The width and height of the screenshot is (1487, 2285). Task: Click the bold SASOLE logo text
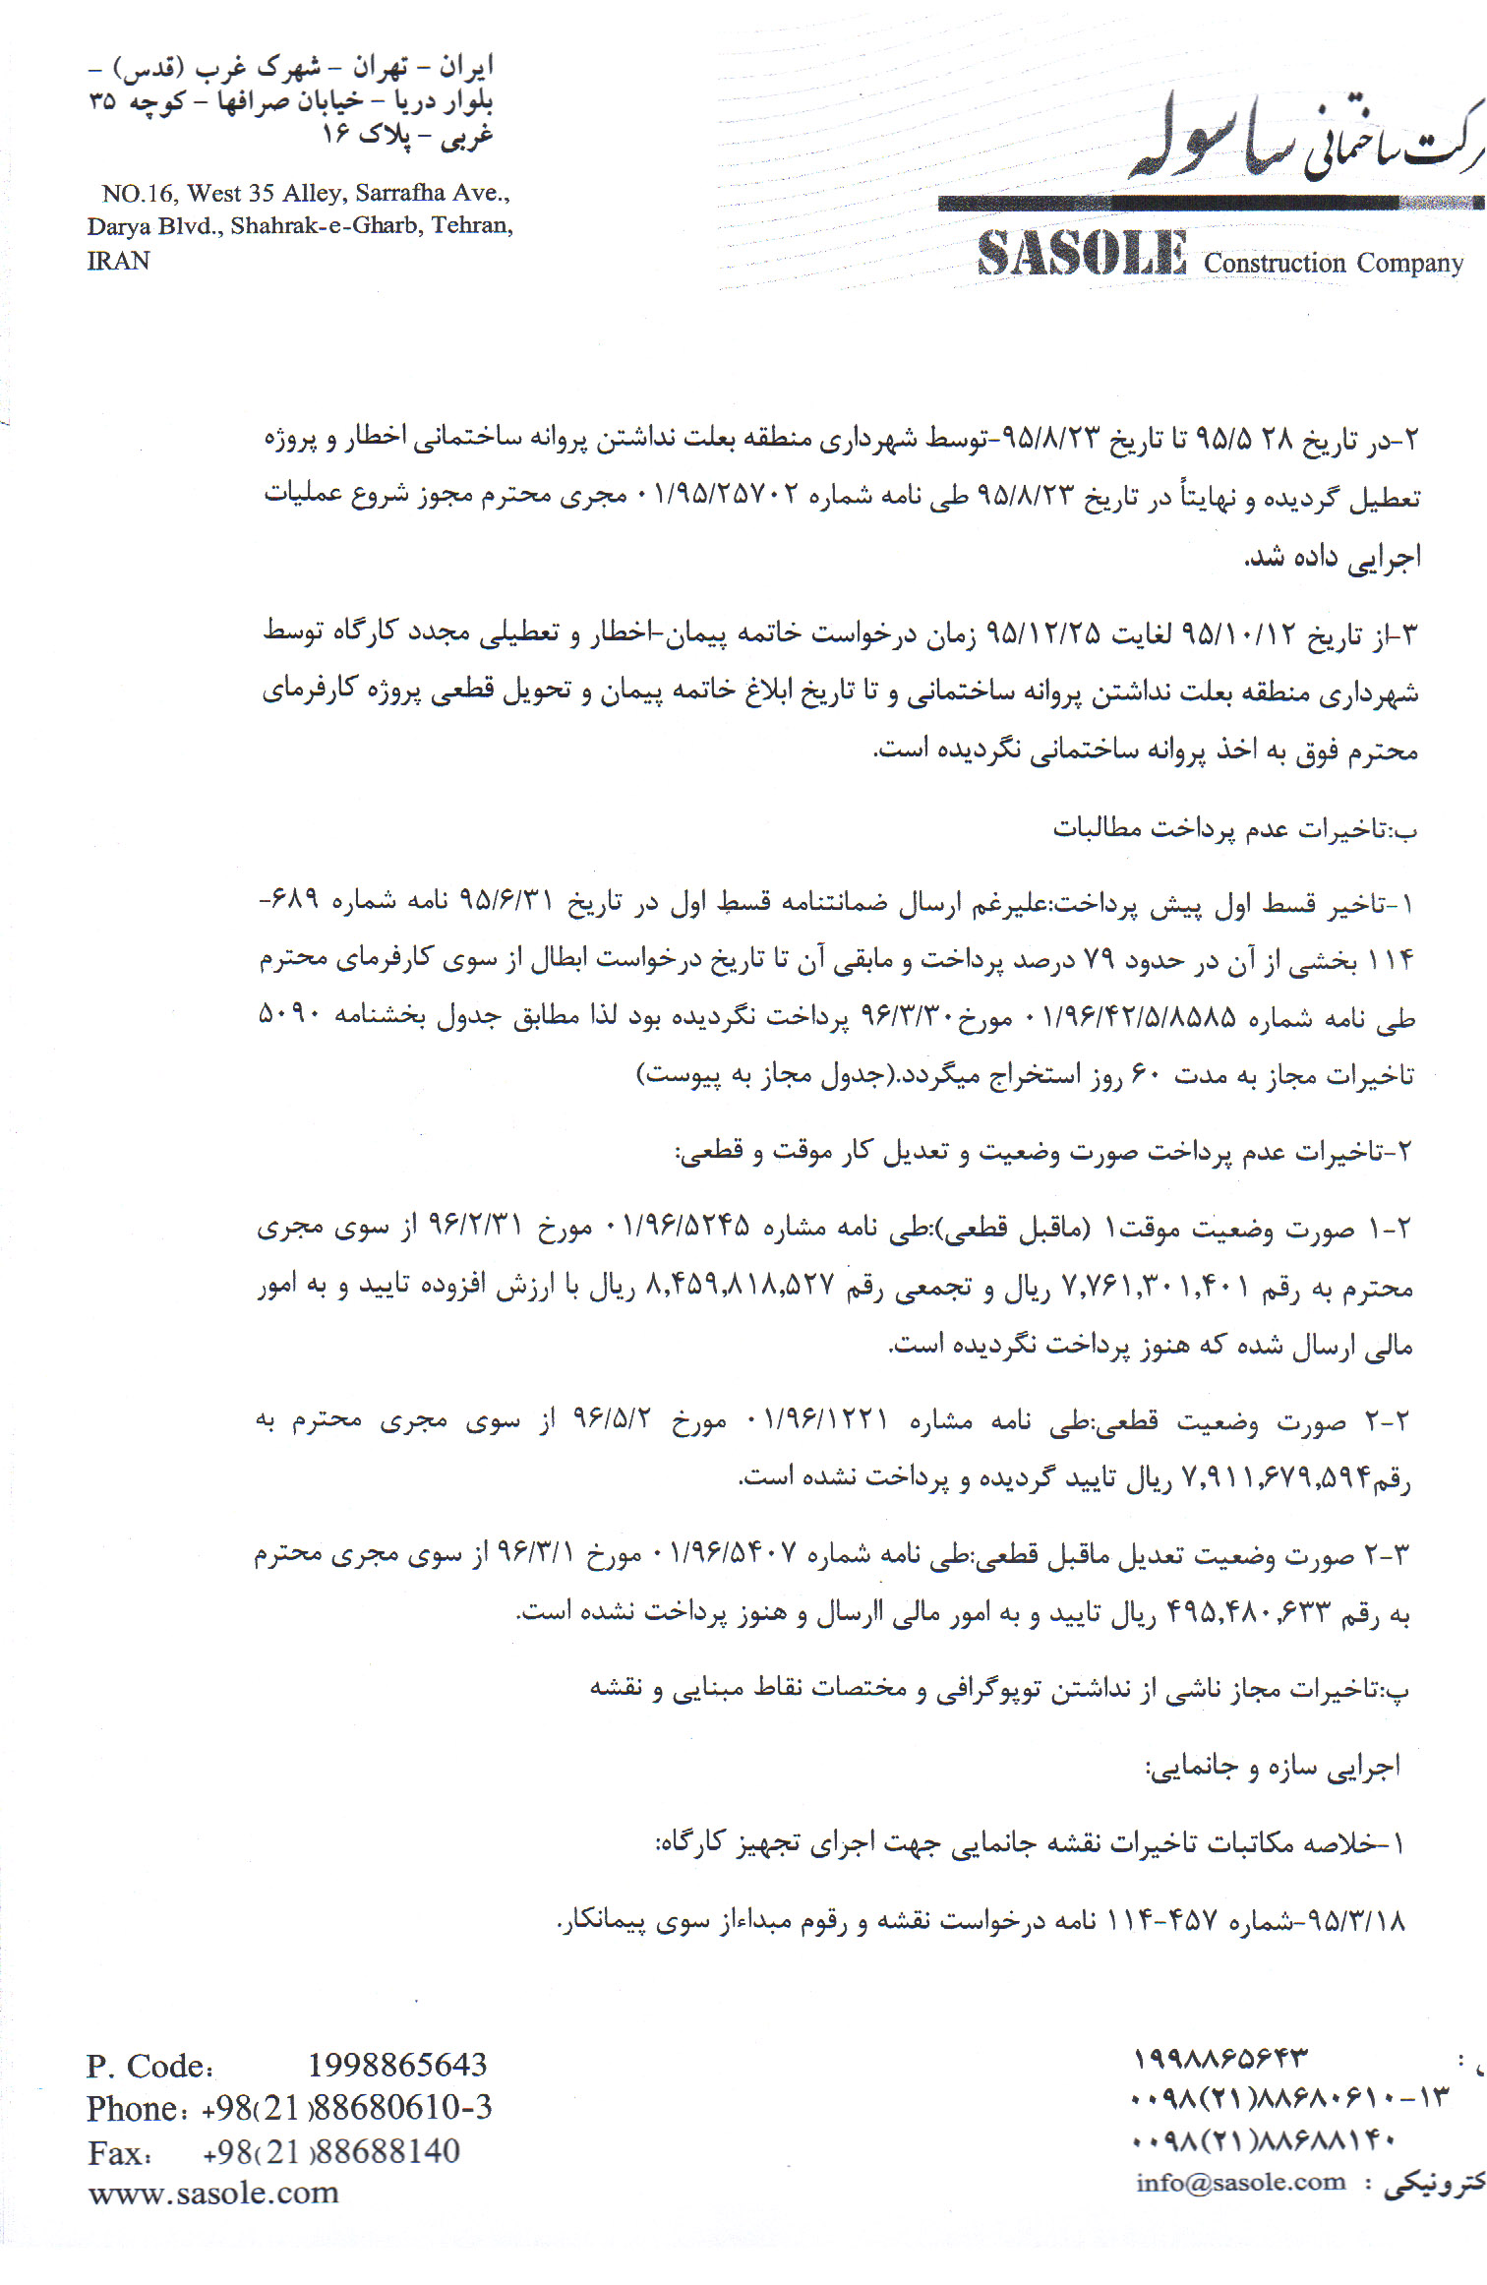1082,254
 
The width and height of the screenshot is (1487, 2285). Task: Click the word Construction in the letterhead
1275,264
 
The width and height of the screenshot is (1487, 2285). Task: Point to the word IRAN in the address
118,261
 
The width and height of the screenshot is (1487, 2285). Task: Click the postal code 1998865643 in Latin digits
397,2065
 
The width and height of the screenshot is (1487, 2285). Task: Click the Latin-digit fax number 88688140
388,2151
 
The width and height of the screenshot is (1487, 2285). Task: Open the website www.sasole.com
213,2193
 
